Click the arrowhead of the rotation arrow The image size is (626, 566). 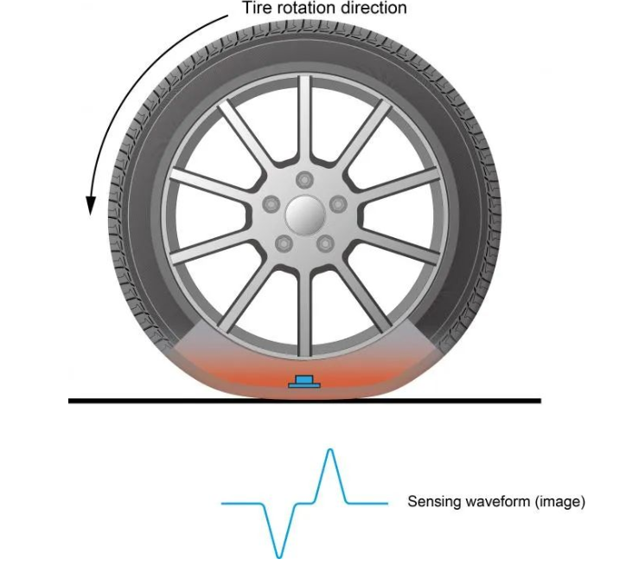(90, 206)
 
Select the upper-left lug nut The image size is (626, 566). (272, 202)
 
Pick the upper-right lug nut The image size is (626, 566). (335, 202)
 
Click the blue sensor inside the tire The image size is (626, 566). (303, 382)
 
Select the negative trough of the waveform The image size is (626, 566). (279, 552)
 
